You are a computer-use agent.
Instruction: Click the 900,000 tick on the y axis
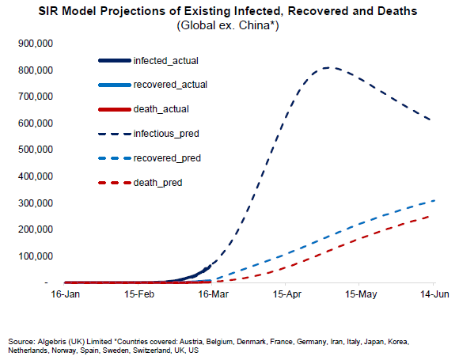(x=36, y=44)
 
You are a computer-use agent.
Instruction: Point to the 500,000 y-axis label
(x=36, y=150)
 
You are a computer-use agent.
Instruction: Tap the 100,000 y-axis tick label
(x=36, y=256)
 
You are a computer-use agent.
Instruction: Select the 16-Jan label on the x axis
(x=65, y=294)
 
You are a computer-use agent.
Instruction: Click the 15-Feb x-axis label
(x=139, y=294)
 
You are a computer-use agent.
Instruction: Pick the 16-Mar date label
(x=213, y=294)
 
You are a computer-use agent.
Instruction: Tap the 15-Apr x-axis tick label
(x=286, y=294)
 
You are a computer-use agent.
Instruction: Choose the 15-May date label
(x=361, y=294)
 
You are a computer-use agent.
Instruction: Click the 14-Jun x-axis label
(x=434, y=294)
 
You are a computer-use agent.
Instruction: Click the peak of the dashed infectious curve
(x=328, y=67)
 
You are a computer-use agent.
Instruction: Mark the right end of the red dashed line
(x=429, y=216)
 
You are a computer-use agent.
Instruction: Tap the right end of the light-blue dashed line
(x=434, y=200)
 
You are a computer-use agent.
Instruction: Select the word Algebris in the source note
(x=51, y=342)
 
